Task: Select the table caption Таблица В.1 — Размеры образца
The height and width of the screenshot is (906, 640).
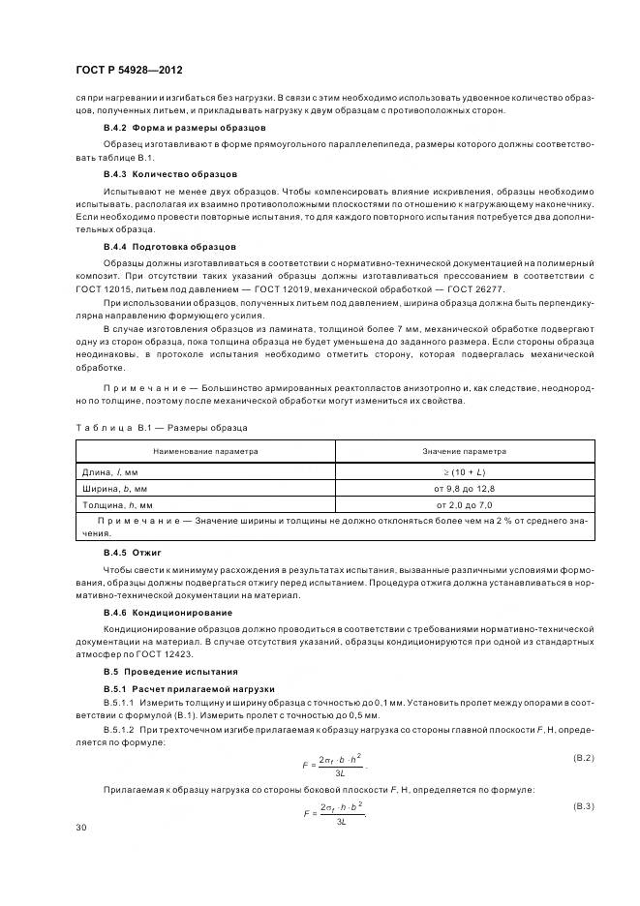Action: (x=161, y=427)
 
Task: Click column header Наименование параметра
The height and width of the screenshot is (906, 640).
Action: (x=205, y=451)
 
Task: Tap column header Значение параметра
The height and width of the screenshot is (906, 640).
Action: (x=465, y=451)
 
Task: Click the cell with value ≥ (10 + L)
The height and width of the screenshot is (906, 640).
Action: (x=465, y=471)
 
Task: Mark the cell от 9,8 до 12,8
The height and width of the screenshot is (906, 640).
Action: (x=465, y=488)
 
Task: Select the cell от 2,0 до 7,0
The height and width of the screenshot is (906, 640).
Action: (x=465, y=505)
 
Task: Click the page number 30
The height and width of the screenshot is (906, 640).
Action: (x=81, y=827)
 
